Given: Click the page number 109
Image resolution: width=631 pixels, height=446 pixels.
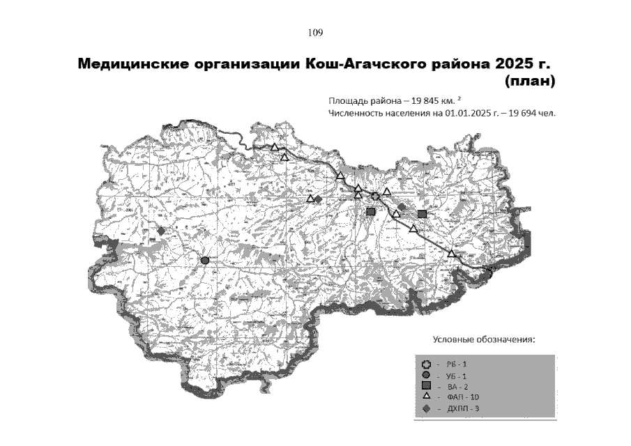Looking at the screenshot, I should point(314,32).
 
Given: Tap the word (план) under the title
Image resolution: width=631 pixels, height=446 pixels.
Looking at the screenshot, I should point(529,82).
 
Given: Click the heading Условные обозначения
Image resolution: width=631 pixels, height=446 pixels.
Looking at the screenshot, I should point(484,339).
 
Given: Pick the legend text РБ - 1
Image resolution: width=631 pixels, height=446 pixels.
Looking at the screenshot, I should point(455,364).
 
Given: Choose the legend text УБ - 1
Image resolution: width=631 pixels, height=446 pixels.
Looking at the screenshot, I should point(455,376).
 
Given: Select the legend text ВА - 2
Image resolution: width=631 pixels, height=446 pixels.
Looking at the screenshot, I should point(455,386).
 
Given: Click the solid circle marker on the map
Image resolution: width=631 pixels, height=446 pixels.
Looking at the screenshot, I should point(205,260).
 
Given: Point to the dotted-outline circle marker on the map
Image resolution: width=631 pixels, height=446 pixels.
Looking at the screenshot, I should point(375,196).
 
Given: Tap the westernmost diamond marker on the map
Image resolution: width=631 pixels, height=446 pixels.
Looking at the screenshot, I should point(161,231).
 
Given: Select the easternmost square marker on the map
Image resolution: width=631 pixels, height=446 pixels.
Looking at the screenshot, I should point(422,214).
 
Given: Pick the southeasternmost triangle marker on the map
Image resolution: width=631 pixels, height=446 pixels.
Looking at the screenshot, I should point(451,254).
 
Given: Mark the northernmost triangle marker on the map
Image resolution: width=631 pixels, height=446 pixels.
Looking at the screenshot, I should point(275,147).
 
